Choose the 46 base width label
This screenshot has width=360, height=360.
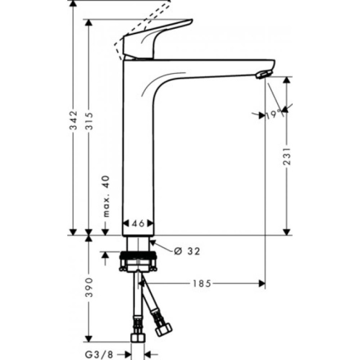pos(139,223)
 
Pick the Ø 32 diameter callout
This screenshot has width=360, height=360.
pos(186,251)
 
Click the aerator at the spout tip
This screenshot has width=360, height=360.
pos(263,74)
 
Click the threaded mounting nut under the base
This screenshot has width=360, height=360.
pos(139,262)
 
